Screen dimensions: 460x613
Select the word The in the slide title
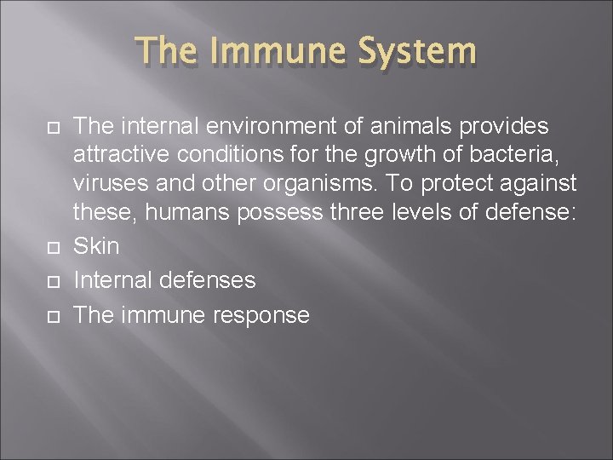point(172,50)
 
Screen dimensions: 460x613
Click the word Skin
point(97,246)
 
